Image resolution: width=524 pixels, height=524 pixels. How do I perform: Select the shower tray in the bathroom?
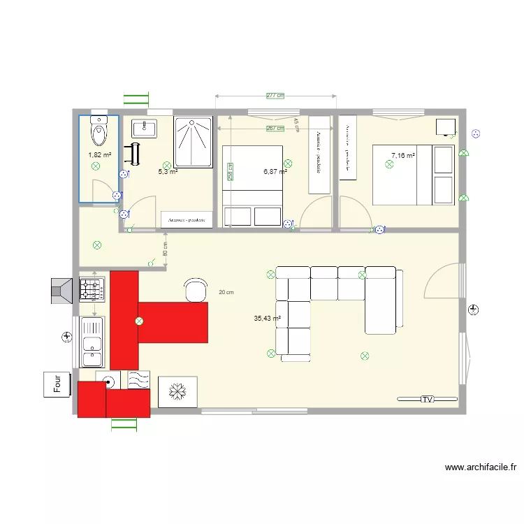coord(194,143)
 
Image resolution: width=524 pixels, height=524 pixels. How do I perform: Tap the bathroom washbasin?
coord(147,127)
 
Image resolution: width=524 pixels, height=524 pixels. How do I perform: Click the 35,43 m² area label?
coord(268,318)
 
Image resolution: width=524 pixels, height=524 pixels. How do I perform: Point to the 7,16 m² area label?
coord(403,155)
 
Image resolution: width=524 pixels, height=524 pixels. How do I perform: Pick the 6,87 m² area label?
coord(275,170)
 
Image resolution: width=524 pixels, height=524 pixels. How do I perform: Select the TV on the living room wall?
coord(427,399)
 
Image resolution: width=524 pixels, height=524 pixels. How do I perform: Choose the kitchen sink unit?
coord(92,341)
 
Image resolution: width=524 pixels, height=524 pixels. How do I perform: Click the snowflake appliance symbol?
coord(178,392)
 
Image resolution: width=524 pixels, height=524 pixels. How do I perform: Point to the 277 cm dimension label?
coord(276,96)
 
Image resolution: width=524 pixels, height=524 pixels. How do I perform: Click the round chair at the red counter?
coord(196,289)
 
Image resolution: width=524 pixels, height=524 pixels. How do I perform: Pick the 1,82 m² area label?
coord(99,155)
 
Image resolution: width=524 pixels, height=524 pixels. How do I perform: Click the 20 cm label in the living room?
coord(225,293)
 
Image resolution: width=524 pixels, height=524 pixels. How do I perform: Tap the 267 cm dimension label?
coord(276,129)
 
